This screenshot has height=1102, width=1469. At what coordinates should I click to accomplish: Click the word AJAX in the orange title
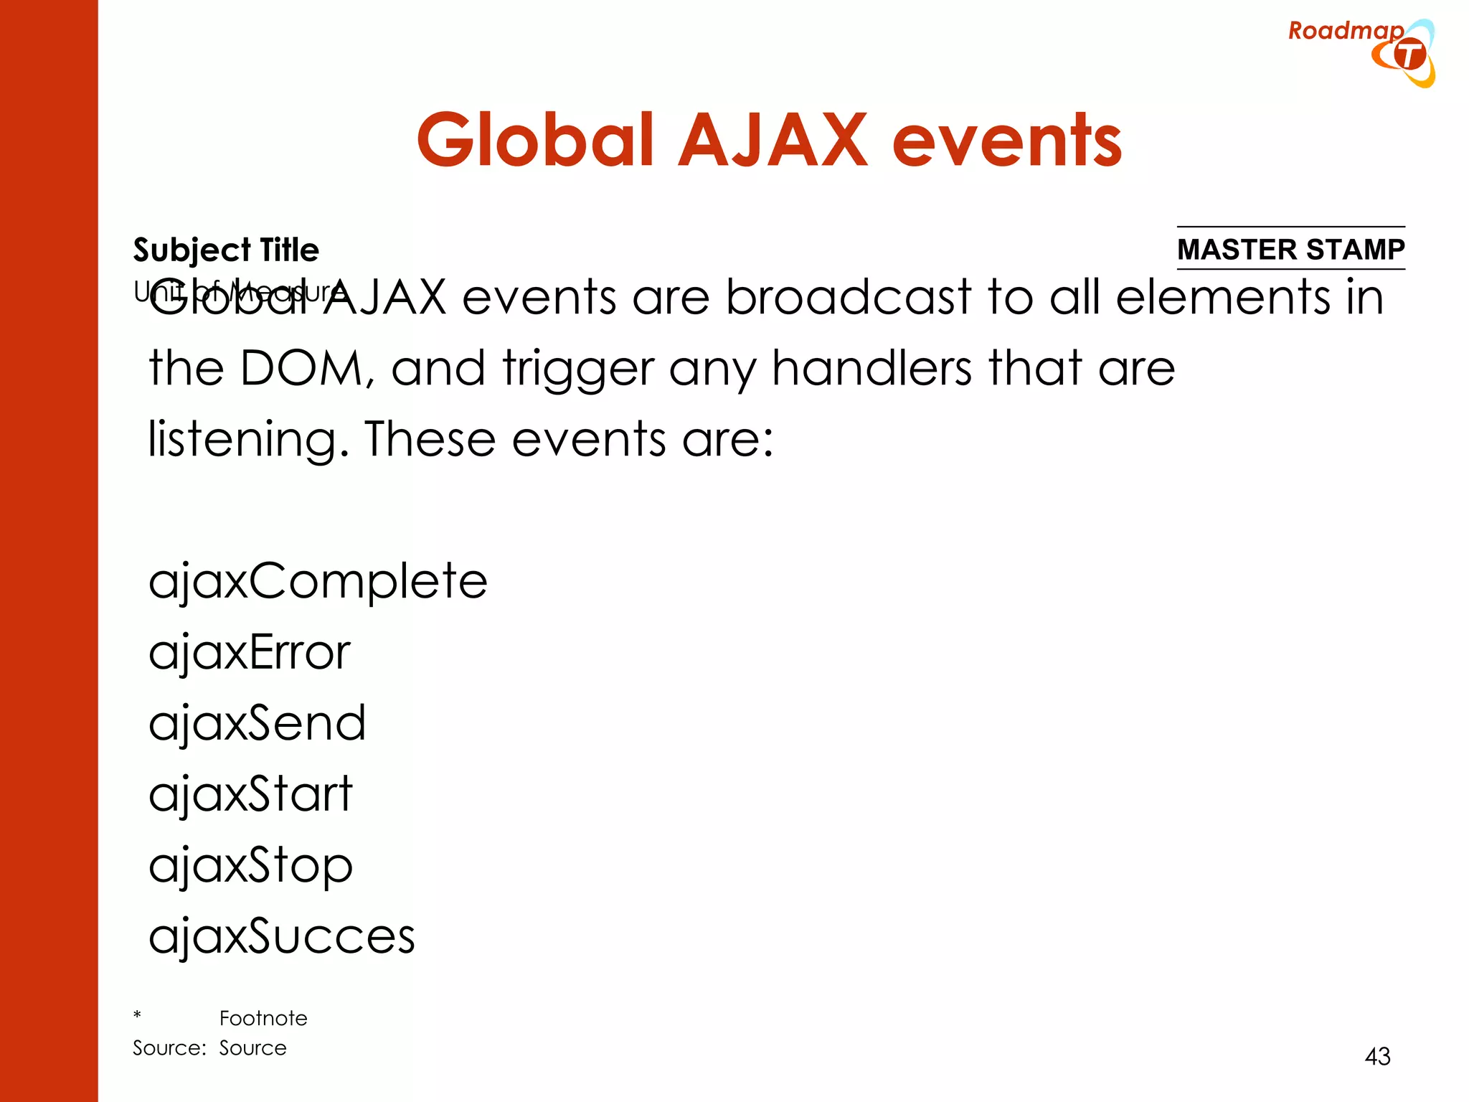pos(773,141)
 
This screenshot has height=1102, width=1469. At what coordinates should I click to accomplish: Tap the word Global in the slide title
pos(534,141)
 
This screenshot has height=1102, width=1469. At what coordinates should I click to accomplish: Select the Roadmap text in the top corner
pos(1345,31)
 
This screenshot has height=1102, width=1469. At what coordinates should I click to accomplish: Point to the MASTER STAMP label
pos(1290,250)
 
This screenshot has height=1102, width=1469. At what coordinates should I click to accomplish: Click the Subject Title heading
pos(226,250)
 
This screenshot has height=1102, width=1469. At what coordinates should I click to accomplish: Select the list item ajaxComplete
pos(318,581)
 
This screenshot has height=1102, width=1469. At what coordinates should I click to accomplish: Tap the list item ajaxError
pos(249,653)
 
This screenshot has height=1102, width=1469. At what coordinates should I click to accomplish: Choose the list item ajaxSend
pos(257,723)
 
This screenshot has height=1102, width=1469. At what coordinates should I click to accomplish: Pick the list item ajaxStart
pos(250,794)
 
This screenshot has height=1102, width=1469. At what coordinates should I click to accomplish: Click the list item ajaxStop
pos(250,865)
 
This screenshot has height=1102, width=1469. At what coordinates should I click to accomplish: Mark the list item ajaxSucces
pos(281,936)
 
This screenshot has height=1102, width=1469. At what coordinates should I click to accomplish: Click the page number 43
pos(1377,1056)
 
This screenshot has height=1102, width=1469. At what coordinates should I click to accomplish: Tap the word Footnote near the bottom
pos(263,1018)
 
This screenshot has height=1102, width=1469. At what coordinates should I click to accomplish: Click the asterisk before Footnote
pos(137,1015)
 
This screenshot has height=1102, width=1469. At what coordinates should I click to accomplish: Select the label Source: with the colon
pos(169,1048)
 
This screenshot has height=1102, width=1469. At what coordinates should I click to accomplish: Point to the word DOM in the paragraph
pos(302,369)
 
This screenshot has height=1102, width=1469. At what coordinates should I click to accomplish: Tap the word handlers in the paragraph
pos(872,369)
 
